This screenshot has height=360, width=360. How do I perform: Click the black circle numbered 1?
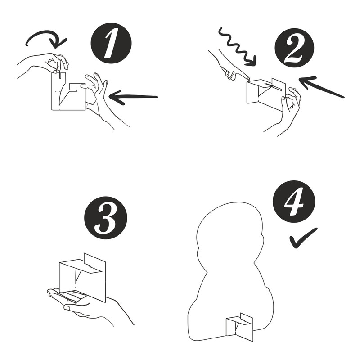click(x=111, y=43)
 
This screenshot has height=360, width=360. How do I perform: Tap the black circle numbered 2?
click(x=295, y=48)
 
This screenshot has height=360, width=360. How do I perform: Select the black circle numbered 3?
click(x=106, y=218)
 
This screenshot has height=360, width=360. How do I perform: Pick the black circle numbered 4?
click(x=294, y=202)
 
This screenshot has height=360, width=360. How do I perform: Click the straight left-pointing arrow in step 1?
click(x=133, y=97)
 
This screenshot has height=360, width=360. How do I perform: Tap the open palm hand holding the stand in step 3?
click(x=90, y=306)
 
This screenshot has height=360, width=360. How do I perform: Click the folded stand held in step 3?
click(x=82, y=277)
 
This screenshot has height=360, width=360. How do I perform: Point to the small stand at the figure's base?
click(x=239, y=327)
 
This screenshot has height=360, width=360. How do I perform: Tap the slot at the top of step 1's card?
click(x=60, y=75)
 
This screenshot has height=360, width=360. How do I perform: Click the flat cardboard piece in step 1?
click(x=68, y=92)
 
